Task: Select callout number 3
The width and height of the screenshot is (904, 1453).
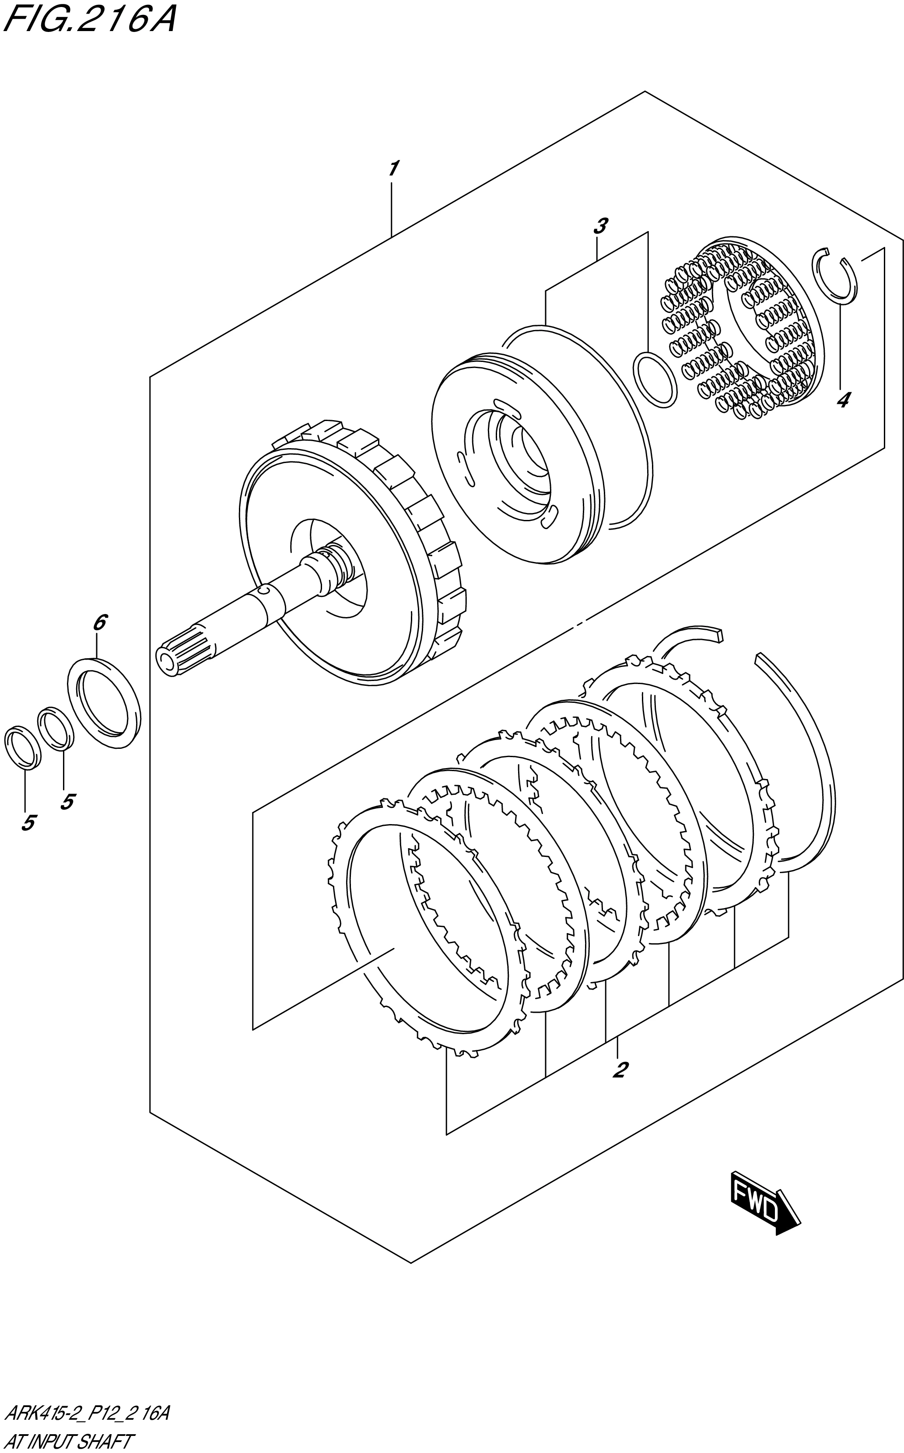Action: coord(600,227)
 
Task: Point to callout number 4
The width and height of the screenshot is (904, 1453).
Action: coord(842,400)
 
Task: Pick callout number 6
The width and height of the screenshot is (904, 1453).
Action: coord(99,623)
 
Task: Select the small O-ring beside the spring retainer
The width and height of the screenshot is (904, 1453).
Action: coord(655,380)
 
